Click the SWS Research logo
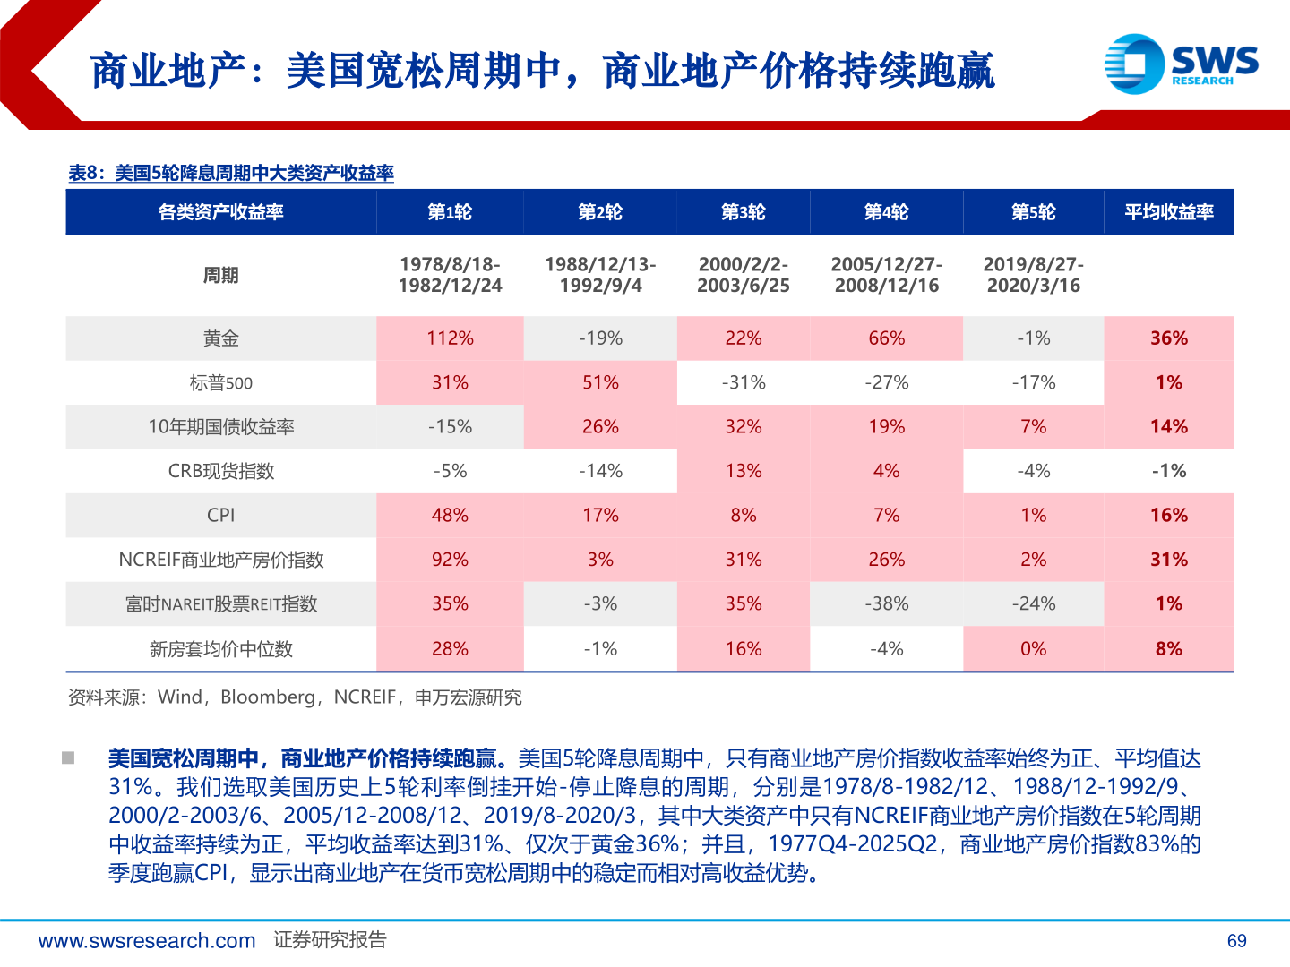pyautogui.click(x=1181, y=64)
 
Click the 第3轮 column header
pyautogui.click(x=743, y=212)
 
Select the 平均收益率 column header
pyautogui.click(x=1168, y=212)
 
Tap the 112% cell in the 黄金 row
pyautogui.click(x=450, y=338)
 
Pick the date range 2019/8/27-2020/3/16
pyautogui.click(x=1033, y=275)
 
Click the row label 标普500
pyautogui.click(x=220, y=383)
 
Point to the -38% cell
pyautogui.click(x=886, y=604)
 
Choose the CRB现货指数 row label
pyautogui.click(x=220, y=471)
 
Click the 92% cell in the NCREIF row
pyautogui.click(x=450, y=560)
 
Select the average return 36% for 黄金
pyautogui.click(x=1168, y=338)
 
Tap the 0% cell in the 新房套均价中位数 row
pyautogui.click(x=1033, y=649)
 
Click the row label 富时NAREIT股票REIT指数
pyautogui.click(x=220, y=604)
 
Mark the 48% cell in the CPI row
pyautogui.click(x=450, y=516)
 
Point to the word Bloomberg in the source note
pyautogui.click(x=268, y=697)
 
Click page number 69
pyautogui.click(x=1236, y=941)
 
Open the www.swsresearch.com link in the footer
pyautogui.click(x=147, y=941)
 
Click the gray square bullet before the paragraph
pyautogui.click(x=68, y=758)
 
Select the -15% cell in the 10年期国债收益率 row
pyautogui.click(x=450, y=427)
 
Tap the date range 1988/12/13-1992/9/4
pyautogui.click(x=600, y=275)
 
